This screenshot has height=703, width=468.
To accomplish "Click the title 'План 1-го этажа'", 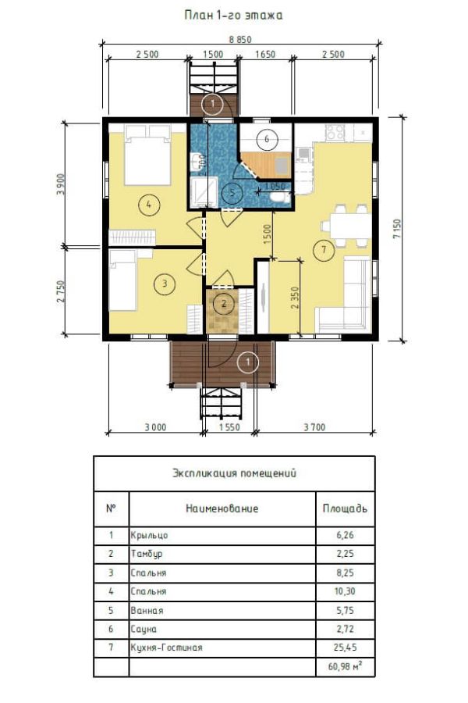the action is (233, 16).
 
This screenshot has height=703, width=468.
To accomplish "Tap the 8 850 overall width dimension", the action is (240, 40).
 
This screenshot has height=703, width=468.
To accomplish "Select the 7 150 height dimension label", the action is (397, 229).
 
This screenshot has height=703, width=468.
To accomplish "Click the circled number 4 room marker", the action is (148, 205).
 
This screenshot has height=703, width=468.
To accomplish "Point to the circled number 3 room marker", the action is (165, 284).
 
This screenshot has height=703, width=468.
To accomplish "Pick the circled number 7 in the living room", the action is (324, 249).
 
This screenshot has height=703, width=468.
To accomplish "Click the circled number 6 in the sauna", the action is (267, 138).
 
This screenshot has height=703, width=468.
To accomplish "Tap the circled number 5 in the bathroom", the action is (232, 193).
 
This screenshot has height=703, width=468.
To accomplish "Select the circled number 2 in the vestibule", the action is (224, 305).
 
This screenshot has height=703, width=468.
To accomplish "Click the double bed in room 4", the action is (147, 155).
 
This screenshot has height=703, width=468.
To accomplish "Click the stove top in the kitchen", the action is (335, 132).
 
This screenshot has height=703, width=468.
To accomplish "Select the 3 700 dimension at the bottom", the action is (314, 427).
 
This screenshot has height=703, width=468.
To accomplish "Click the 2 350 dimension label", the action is (294, 298).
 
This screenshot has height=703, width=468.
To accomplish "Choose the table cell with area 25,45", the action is (345, 648).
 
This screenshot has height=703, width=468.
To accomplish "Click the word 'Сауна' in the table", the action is (144, 629).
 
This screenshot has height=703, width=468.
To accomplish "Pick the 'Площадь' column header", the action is (345, 509).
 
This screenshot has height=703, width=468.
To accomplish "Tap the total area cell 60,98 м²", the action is (345, 666).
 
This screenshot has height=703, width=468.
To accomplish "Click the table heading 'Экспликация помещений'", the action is (234, 473).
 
